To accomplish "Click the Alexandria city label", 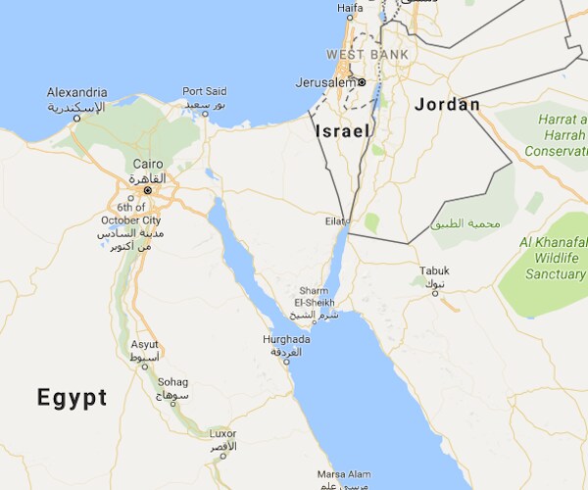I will click(x=77, y=92).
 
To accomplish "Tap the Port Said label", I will click(x=205, y=91).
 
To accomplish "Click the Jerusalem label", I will click(x=325, y=82).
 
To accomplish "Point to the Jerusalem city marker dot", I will click(x=362, y=81).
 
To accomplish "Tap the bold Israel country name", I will click(x=342, y=130).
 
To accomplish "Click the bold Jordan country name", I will click(x=447, y=104).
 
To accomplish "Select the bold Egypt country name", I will click(x=72, y=397).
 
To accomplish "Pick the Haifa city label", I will click(x=350, y=9).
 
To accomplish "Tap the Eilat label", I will click(x=335, y=222).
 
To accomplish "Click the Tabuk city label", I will click(x=433, y=269).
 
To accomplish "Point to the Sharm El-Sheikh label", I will click(x=314, y=297).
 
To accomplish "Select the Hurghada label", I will click(x=286, y=340).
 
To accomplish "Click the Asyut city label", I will click(x=145, y=345).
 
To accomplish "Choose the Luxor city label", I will click(x=222, y=433).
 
